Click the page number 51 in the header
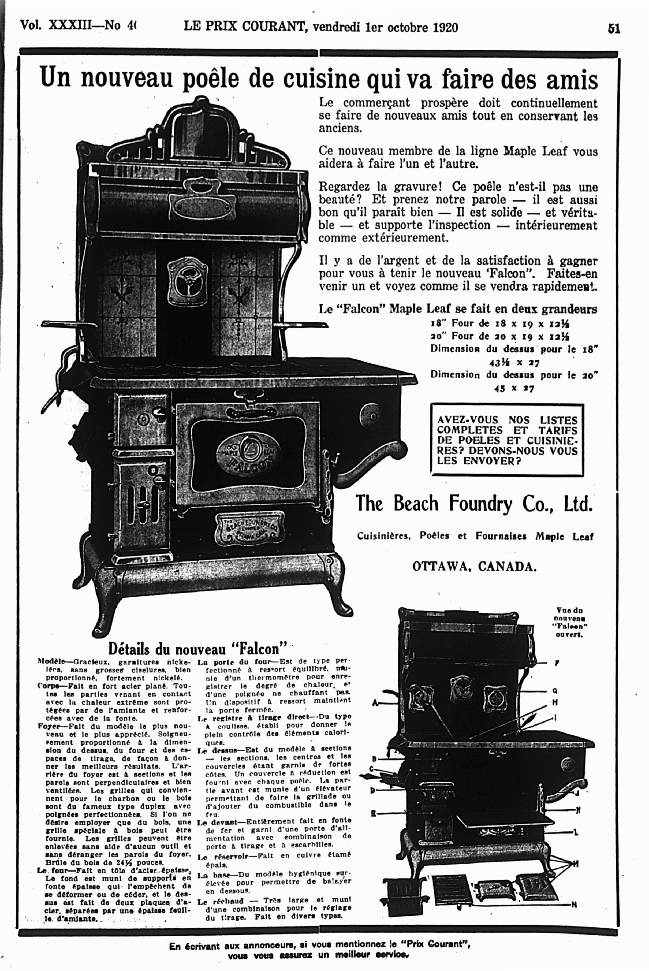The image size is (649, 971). click(x=614, y=29)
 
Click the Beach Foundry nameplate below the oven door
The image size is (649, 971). click(x=249, y=529)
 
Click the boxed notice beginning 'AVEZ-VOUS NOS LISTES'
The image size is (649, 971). click(x=507, y=440)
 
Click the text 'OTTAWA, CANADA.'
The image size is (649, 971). click(x=474, y=567)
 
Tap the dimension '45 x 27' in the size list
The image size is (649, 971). click(x=514, y=389)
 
